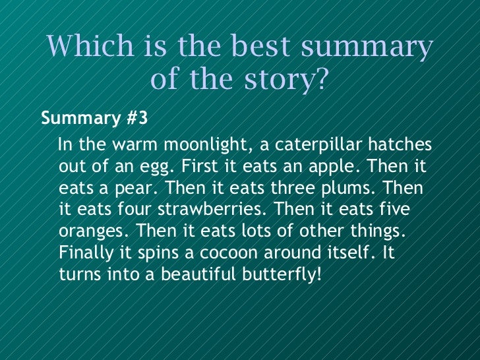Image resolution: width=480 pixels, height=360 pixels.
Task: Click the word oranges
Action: [87, 231]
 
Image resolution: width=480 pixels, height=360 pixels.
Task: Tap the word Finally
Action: [82, 253]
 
